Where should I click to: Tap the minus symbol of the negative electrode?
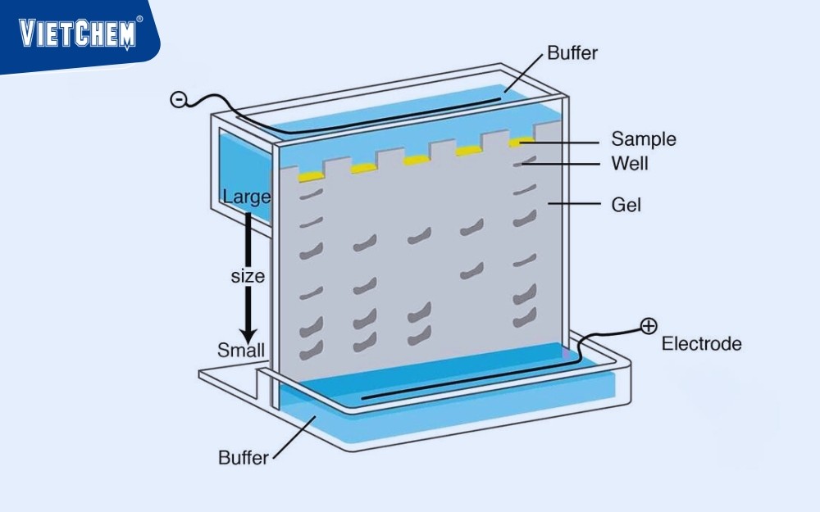point(178,100)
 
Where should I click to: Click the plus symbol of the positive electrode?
point(649,327)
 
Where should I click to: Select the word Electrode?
point(701,344)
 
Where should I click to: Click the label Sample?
point(644,139)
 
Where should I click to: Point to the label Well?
point(630,164)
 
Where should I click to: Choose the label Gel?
point(626,204)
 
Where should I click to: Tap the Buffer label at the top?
point(572,54)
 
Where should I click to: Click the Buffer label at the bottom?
point(243,458)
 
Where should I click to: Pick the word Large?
point(246,197)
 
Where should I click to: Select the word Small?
point(241,351)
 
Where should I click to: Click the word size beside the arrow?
point(247,276)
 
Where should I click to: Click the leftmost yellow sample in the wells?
point(311,176)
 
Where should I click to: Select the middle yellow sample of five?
point(416,160)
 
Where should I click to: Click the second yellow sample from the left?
point(362,169)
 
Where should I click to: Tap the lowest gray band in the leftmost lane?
point(308,352)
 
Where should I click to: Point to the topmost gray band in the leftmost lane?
point(308,196)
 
